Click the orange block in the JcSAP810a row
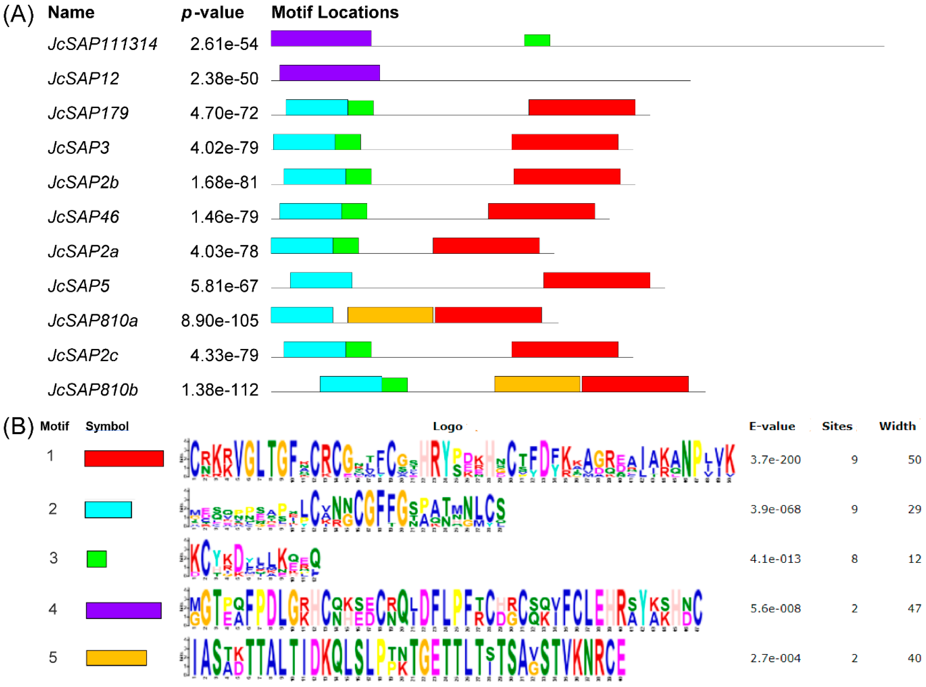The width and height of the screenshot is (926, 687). [x=390, y=315]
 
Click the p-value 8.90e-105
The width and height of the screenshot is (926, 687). [x=220, y=321]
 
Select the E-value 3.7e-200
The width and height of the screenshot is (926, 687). [x=775, y=459]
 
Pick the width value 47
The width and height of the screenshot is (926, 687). [x=914, y=608]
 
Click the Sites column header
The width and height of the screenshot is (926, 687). [x=837, y=426]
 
